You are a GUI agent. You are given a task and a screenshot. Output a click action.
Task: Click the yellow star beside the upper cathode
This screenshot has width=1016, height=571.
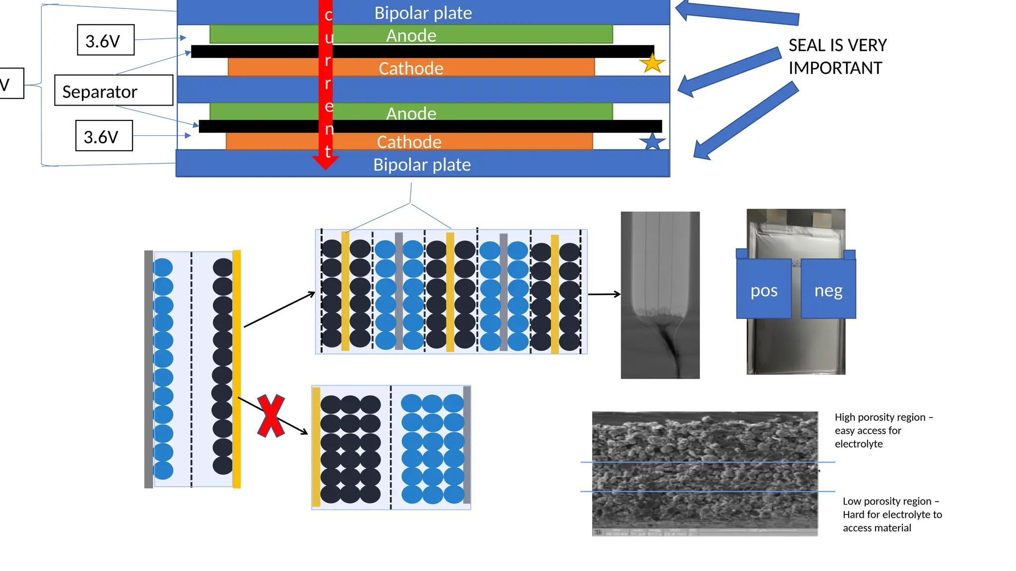tap(652, 63)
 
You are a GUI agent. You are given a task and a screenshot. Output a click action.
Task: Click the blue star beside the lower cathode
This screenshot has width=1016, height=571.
tap(652, 142)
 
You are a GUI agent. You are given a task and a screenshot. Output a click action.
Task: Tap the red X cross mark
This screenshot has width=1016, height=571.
tap(271, 416)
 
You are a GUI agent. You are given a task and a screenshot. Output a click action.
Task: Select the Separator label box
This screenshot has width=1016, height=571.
tap(114, 91)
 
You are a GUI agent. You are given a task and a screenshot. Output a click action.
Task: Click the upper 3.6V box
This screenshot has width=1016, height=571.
tap(106, 40)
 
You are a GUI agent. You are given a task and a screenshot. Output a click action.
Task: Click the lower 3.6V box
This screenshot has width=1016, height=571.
tap(104, 136)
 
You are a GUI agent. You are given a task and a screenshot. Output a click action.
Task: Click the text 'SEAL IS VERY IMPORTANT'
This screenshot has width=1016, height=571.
tap(837, 57)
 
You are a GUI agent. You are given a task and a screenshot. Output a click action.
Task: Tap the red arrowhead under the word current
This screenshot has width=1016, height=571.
tap(325, 163)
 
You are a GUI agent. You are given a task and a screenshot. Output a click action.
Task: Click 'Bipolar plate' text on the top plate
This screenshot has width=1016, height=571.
tap(423, 13)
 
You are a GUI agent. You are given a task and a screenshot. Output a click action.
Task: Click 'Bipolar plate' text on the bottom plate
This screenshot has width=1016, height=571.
tap(422, 165)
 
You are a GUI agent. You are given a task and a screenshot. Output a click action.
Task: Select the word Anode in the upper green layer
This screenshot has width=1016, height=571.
tap(411, 36)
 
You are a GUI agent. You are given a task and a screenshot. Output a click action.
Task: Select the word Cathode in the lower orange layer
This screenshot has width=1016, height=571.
tap(409, 142)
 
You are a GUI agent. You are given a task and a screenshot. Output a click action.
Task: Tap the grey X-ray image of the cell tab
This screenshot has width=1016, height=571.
tap(660, 295)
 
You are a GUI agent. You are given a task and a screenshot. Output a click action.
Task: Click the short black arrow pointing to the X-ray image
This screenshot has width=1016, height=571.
tap(604, 294)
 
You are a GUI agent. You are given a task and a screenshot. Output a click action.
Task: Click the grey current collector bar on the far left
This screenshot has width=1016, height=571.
tap(148, 369)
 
